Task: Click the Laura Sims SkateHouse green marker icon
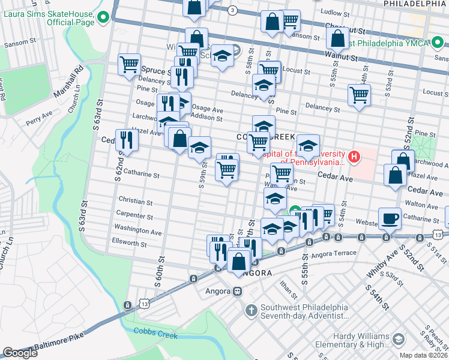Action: coord(103,17)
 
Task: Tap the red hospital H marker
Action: coord(354,157)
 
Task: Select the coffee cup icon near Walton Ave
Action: coord(390,218)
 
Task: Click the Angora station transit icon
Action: coord(238,292)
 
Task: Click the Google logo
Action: coord(20,353)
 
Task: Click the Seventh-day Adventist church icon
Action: coord(252,310)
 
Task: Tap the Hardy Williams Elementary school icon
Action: coord(397,340)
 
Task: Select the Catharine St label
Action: coord(139,175)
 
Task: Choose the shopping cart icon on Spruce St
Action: coord(130,64)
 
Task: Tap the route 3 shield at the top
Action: coord(232,10)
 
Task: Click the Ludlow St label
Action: coord(335,12)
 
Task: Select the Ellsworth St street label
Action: coord(129,244)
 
